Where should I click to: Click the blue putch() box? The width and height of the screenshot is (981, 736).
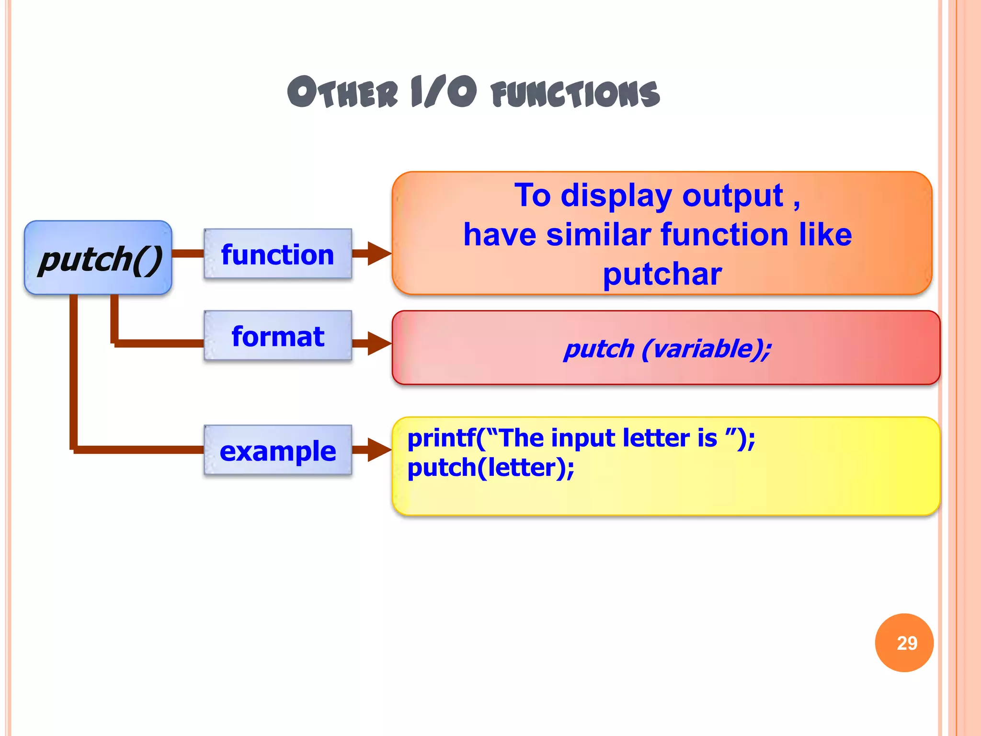click(x=98, y=258)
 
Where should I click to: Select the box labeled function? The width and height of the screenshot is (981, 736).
click(x=278, y=254)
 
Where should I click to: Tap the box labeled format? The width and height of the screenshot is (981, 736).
click(x=278, y=336)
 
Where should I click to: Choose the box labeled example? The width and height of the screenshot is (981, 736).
click(x=278, y=450)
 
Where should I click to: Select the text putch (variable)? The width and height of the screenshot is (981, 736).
click(x=667, y=348)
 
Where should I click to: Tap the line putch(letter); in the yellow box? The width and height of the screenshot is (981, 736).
click(x=490, y=468)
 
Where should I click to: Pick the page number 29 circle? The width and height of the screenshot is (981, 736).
click(x=904, y=643)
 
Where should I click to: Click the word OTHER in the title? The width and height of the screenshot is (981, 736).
click(x=342, y=92)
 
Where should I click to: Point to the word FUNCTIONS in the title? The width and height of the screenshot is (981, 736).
click(x=575, y=93)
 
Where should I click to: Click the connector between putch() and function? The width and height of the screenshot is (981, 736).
click(x=188, y=253)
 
